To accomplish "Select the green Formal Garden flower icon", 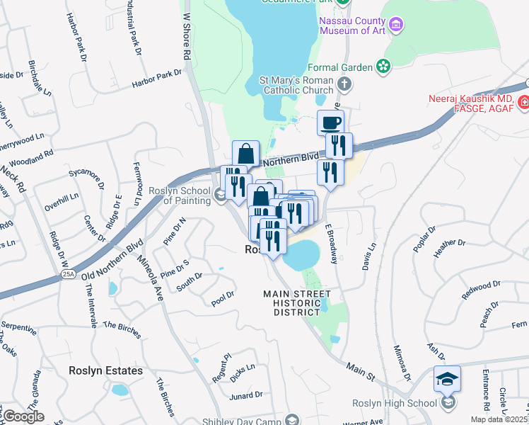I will [x=383, y=67].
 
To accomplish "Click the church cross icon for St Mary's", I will [x=344, y=85].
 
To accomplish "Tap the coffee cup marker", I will [x=330, y=123].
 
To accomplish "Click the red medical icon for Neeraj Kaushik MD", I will [x=523, y=103].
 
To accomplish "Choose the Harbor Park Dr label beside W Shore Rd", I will [x=156, y=79].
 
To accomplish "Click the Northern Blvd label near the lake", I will [x=291, y=162].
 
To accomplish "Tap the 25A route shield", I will [x=68, y=273].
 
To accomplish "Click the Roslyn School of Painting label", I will [x=180, y=195].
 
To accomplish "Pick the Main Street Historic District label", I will [x=297, y=303].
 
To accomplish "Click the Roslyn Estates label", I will [x=105, y=370].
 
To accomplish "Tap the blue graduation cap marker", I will [x=447, y=380].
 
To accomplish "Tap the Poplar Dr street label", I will [x=425, y=241].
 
